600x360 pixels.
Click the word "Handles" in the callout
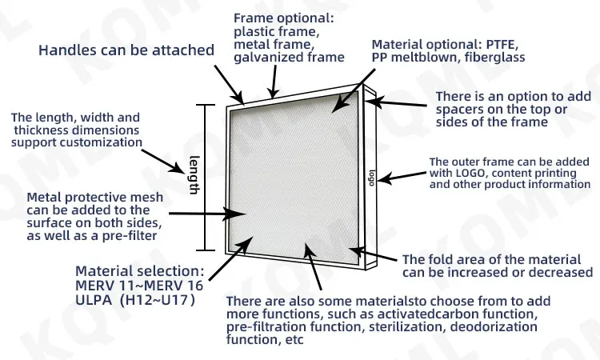click(x=68, y=50)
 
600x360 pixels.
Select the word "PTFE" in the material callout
click(x=502, y=44)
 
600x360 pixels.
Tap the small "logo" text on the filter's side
click(x=371, y=178)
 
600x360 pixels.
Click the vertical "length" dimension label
click(x=194, y=175)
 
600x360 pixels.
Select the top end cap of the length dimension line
click(x=205, y=105)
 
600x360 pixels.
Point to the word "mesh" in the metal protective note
click(x=147, y=198)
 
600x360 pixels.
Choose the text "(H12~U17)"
click(x=158, y=300)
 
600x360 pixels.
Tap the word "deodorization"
click(x=494, y=326)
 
